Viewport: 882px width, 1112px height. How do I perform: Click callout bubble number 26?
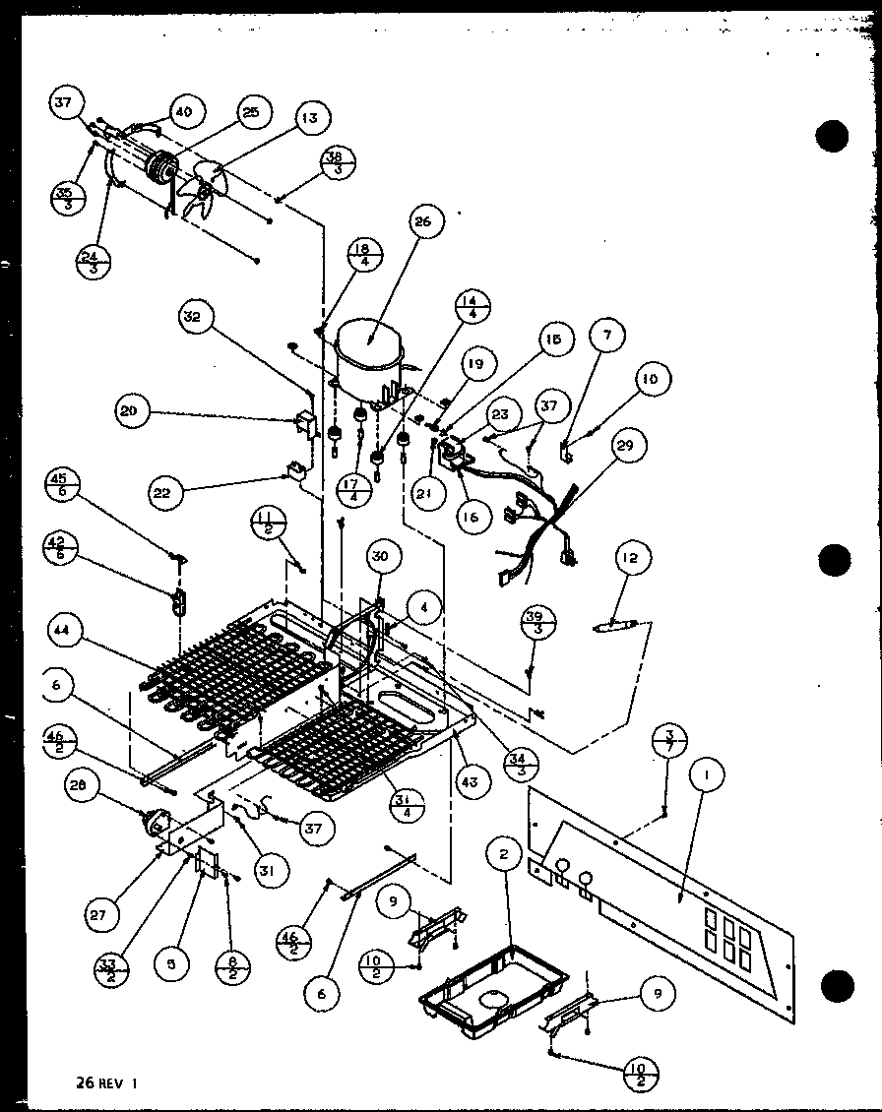(x=422, y=223)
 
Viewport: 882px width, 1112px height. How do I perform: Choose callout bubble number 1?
(x=705, y=777)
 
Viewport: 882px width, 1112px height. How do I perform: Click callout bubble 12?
(x=630, y=559)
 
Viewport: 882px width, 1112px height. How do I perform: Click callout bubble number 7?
(x=607, y=336)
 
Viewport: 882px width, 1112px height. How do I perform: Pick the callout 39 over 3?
(x=538, y=623)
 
